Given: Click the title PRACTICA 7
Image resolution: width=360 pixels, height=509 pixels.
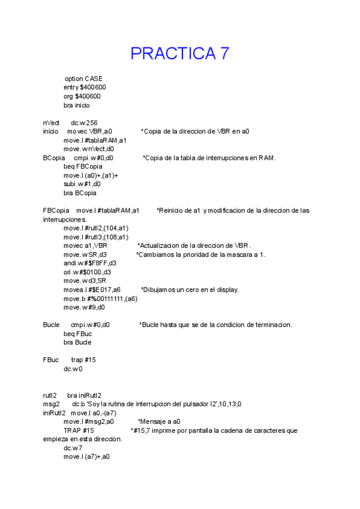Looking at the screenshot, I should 180,53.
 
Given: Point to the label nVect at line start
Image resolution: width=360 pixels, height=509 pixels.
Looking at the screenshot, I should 51,122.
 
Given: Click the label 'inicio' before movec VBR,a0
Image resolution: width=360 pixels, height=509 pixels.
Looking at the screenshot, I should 50,131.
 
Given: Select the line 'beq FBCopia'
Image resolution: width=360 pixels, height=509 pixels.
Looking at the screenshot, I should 83,166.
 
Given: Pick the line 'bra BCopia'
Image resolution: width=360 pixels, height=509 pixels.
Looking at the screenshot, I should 80,193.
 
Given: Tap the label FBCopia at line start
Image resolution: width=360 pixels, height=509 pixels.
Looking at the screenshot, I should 56,211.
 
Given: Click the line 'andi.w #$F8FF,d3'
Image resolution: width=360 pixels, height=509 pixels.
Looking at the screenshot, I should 90,263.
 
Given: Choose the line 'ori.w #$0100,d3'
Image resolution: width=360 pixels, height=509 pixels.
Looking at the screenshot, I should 88,272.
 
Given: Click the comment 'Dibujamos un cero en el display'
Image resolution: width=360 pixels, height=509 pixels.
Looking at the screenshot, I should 190,289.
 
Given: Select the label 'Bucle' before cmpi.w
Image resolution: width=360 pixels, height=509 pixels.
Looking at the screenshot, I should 51,325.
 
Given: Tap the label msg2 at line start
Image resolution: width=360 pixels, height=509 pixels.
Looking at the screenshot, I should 51,404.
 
